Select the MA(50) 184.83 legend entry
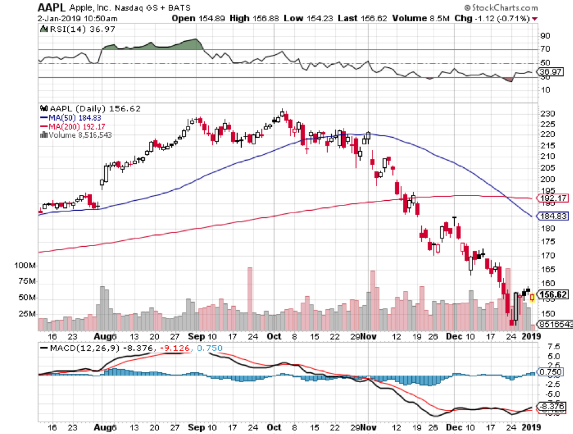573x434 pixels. click(x=72, y=117)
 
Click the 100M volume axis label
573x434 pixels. click(x=25, y=266)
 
